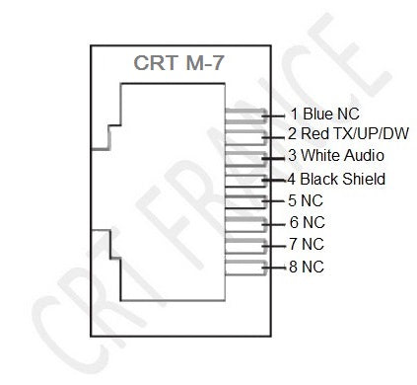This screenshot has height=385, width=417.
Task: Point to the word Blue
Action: (x=315, y=114)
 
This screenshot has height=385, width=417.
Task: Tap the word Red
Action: (x=313, y=134)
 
